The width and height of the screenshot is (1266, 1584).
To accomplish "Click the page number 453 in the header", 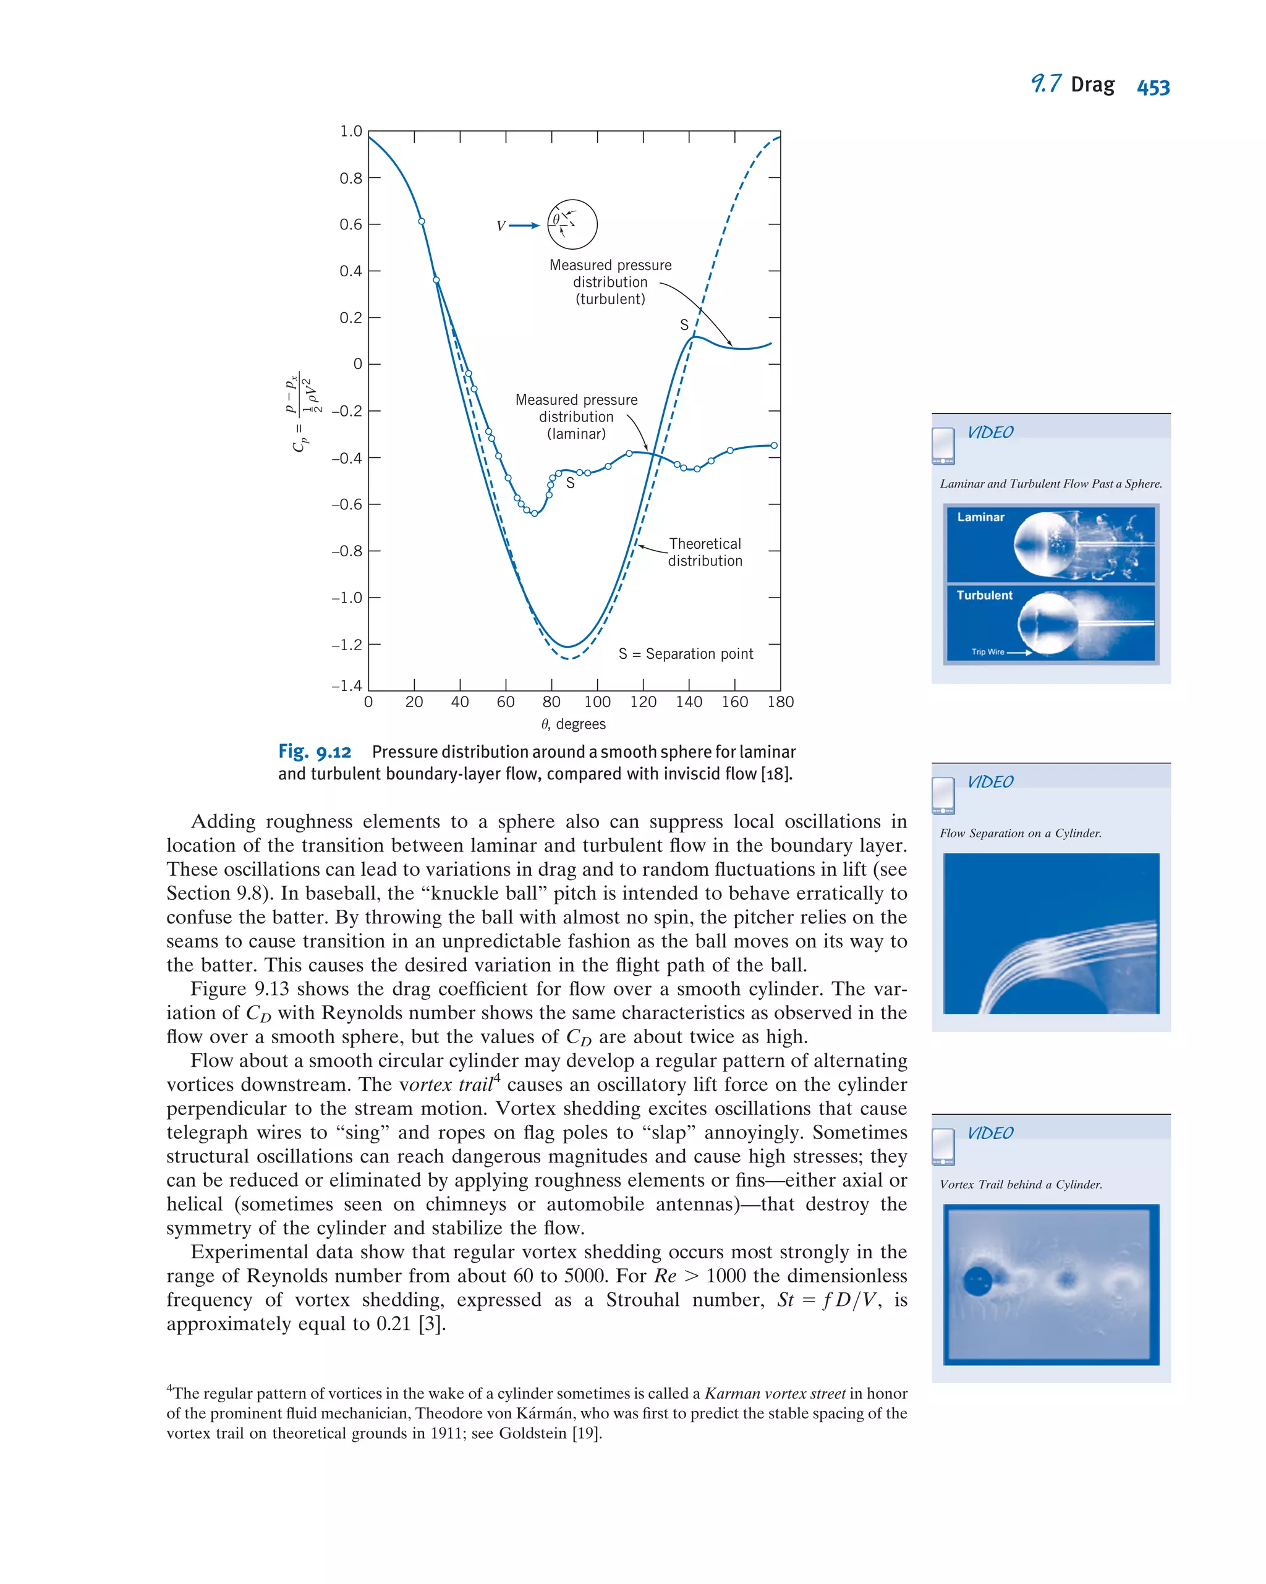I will coord(1152,87).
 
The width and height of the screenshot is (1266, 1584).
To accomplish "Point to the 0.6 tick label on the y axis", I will coord(350,225).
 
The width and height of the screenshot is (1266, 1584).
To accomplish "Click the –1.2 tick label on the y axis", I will coord(347,645).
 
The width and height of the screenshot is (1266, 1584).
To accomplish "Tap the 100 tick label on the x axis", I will coord(597,702).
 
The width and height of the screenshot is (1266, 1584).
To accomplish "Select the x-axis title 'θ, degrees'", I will coord(573,724).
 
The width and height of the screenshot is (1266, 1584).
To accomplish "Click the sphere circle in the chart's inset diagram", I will coord(572,225).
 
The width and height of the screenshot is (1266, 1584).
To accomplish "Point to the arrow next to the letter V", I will coord(524,226).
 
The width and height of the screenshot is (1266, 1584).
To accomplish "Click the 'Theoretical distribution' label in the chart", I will coord(705,553).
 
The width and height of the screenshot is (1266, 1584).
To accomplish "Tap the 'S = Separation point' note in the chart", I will coord(686,654).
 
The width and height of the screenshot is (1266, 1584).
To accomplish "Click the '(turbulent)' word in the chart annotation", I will coord(610,299).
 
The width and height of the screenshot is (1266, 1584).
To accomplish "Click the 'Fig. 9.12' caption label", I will coord(315,752).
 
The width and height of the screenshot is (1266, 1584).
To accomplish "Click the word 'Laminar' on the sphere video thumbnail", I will coord(980,517).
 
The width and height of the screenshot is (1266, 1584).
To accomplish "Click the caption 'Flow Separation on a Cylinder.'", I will coord(1020,833).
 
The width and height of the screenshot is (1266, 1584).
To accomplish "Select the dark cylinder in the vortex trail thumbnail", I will coord(977,1281).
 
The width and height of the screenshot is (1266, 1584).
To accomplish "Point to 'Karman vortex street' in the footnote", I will coord(775,1394).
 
